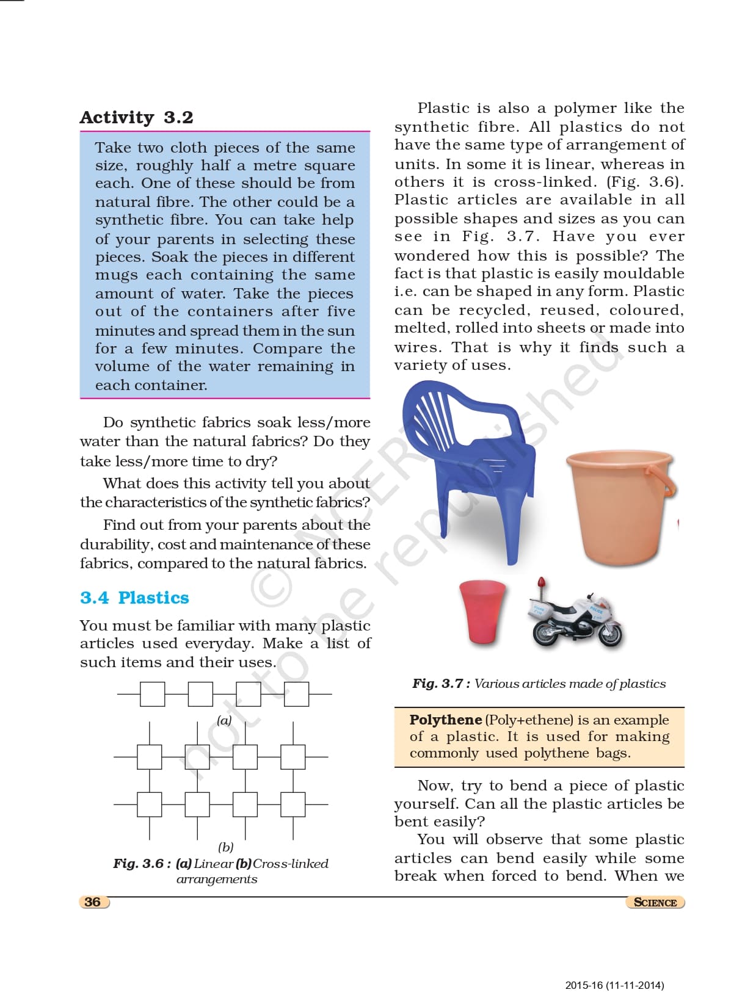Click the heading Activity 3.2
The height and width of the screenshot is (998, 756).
pos(136,117)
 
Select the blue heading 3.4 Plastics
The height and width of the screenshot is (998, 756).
pos(134,598)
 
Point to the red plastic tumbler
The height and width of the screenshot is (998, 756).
pos(482,611)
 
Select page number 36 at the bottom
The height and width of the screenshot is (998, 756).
pos(93,902)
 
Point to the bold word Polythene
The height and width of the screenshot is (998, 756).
pos(445,720)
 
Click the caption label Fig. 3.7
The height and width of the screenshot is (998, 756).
pos(440,684)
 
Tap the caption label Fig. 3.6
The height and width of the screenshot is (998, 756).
pos(141,864)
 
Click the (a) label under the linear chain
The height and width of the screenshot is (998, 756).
pos(224,720)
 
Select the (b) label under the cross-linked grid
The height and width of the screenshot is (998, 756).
pos(225,847)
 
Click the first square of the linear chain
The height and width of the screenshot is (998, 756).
pos(152,694)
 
